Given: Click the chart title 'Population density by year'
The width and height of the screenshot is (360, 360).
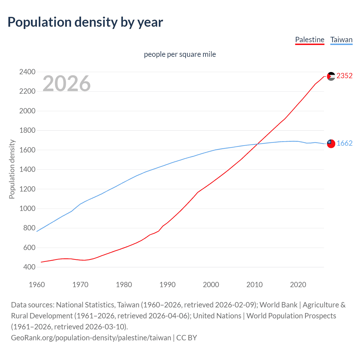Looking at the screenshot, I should tap(85, 22).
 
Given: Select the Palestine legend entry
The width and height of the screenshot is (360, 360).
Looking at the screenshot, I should tap(310, 40).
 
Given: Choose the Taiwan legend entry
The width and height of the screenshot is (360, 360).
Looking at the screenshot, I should tap(341, 40).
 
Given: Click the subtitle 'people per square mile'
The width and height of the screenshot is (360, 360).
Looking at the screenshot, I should tap(180, 54).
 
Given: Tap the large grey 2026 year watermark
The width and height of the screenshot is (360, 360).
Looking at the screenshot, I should tap(67, 84).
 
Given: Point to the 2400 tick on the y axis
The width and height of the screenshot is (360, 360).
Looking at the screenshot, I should tap(27, 72).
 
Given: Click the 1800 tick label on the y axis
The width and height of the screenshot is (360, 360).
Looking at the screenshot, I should tap(27, 130).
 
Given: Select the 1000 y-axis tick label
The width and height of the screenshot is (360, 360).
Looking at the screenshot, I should tap(27, 209).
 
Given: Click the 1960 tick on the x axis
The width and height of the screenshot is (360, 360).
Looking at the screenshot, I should tap(37, 285).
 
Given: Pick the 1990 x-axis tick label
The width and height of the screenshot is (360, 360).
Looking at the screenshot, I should tap(167, 285).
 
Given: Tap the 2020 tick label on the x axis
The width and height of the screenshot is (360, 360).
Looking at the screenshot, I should tap(298, 285).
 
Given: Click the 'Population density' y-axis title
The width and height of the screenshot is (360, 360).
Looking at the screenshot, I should tap(12, 169).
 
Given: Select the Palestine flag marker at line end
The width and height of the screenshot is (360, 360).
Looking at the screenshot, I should tap(331, 76).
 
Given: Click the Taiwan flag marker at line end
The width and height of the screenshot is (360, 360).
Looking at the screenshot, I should tap(331, 143).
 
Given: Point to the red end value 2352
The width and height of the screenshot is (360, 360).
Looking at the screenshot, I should tap(344, 76).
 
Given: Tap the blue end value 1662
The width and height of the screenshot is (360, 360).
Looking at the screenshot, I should tap(344, 143).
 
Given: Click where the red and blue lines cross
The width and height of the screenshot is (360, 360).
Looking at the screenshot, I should tap(257, 144).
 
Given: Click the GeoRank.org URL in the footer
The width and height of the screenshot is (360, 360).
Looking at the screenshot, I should tap(91, 337).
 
